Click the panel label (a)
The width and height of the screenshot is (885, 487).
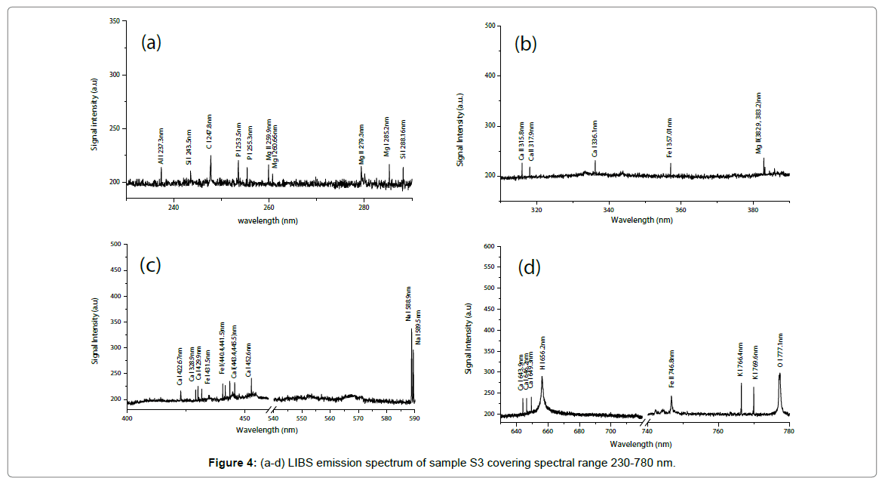(152, 42)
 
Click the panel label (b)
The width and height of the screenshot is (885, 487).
(525, 44)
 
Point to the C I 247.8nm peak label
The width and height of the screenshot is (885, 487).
(210, 133)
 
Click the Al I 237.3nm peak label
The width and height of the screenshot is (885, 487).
(161, 145)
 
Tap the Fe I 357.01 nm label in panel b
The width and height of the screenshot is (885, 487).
(670, 137)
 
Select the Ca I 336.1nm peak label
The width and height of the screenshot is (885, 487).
(595, 138)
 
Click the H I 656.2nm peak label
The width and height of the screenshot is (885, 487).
(542, 353)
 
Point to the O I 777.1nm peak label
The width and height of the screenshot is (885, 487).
(780, 349)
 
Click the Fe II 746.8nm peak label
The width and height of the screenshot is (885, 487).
(671, 369)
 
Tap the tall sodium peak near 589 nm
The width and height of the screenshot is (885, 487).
(412, 332)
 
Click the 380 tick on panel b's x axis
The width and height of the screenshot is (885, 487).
(753, 209)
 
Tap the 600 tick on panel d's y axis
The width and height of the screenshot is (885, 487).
(488, 246)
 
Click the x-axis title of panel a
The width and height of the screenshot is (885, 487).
(269, 220)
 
